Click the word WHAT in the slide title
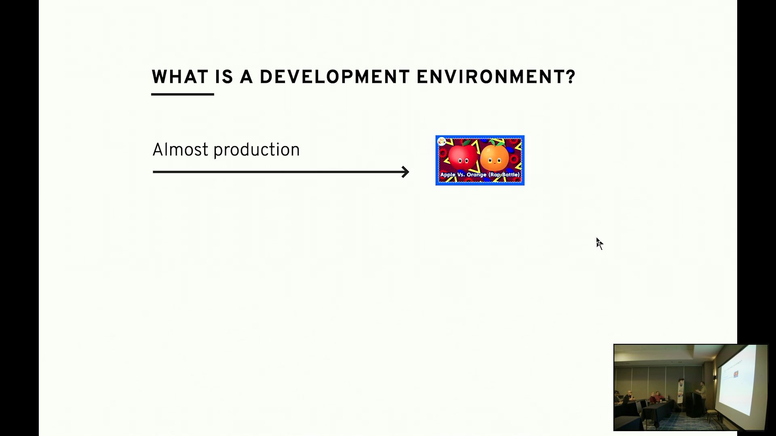coord(180,77)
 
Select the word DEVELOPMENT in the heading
coord(334,77)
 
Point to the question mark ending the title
coord(570,77)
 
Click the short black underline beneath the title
coord(183,94)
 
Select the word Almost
coord(180,150)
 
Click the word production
coord(257,151)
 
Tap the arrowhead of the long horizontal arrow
coord(405,172)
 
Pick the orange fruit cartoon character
coord(495,157)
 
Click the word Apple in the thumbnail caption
coord(448,175)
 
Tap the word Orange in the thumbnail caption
coord(477,175)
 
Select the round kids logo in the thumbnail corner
coord(442,141)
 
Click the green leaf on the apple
coord(467,143)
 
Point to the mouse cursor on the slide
coord(599,243)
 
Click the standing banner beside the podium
coord(681,392)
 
